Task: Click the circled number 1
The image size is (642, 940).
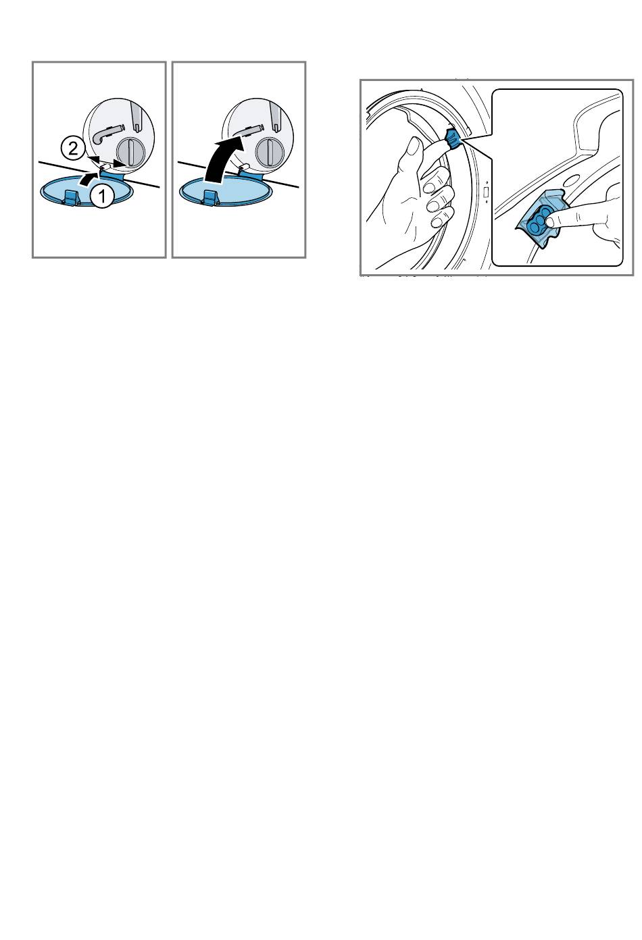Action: point(101,194)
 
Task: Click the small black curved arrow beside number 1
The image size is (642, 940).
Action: point(88,179)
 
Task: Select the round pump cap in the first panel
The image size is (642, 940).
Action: point(129,152)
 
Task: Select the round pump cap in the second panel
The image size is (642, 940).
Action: point(268,152)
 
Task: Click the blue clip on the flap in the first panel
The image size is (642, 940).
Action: point(70,197)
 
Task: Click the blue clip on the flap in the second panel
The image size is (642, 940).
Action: point(210,197)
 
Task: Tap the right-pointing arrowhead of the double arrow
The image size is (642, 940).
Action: point(119,163)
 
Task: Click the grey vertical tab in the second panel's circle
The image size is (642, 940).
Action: point(276,116)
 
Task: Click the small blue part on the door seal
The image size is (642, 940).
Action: point(453,138)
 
